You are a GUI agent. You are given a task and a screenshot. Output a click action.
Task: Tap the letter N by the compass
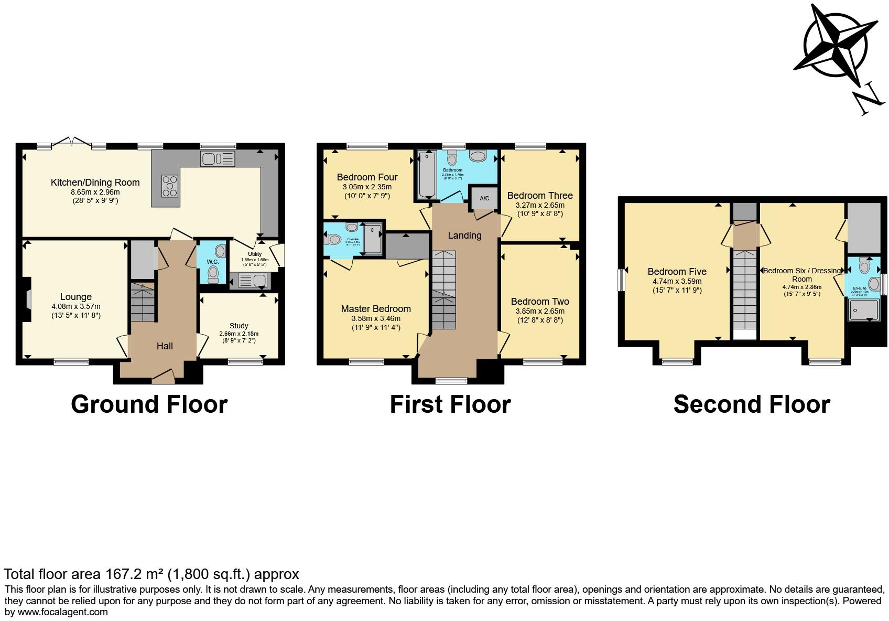click(x=866, y=100)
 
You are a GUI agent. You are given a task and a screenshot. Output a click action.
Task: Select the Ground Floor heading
click(x=149, y=404)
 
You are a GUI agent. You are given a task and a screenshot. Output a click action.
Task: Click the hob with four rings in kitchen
click(x=169, y=186)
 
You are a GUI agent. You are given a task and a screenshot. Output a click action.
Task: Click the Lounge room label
click(x=76, y=297)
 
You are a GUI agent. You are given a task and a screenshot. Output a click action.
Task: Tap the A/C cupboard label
click(x=484, y=198)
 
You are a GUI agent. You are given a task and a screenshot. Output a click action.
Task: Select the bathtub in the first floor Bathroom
click(x=426, y=175)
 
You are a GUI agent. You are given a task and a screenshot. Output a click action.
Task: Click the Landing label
click(x=464, y=235)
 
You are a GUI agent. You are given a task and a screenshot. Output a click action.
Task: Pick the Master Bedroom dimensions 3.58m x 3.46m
click(x=376, y=318)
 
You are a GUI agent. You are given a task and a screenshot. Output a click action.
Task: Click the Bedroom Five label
click(x=677, y=272)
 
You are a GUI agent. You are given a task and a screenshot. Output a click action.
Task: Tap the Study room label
click(x=238, y=326)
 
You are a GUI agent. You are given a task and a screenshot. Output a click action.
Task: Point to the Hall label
click(x=165, y=346)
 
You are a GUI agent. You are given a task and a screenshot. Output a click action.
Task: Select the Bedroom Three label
click(x=540, y=196)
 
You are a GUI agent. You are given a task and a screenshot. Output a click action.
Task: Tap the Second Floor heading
click(x=751, y=404)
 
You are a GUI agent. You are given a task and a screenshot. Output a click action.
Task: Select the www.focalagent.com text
click(x=62, y=612)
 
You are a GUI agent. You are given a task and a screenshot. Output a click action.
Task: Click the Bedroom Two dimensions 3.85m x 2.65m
click(x=540, y=311)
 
